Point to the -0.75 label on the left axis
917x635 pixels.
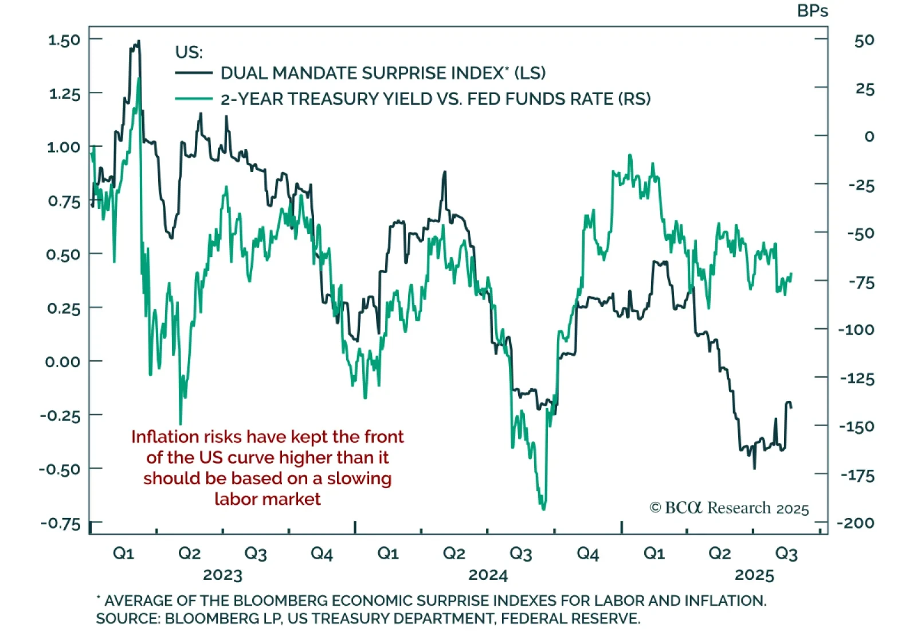tap(61, 523)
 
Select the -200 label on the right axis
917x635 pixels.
tap(856, 523)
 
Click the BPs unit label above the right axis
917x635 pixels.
tap(812, 11)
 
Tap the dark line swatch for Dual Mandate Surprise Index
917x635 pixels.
tap(194, 73)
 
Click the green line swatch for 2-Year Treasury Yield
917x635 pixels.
tap(194, 99)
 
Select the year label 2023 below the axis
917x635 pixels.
tap(222, 575)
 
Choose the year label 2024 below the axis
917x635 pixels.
tap(488, 575)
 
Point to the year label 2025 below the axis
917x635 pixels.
tap(754, 575)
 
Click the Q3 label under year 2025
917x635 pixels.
tap(786, 554)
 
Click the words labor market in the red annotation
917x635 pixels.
tap(267, 499)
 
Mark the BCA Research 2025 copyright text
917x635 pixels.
tap(729, 508)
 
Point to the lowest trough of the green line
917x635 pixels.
tap(543, 508)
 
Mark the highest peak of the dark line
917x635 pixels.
tap(138, 42)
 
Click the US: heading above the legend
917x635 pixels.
tap(189, 52)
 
